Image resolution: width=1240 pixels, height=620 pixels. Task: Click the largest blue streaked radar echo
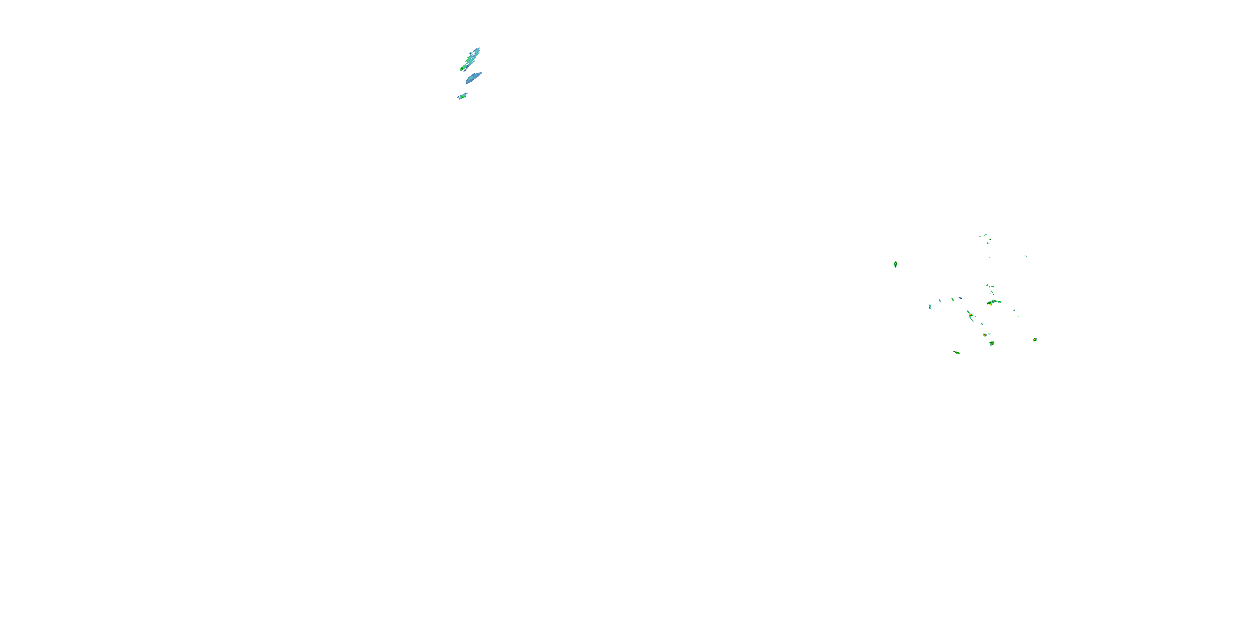point(471,59)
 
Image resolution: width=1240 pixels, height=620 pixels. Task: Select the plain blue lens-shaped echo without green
point(474,78)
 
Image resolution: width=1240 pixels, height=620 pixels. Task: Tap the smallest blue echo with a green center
point(462,96)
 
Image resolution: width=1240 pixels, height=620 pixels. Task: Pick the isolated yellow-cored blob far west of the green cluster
point(895,264)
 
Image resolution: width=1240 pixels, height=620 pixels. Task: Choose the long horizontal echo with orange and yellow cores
point(994,302)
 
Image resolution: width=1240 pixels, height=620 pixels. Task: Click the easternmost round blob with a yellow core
point(1035,339)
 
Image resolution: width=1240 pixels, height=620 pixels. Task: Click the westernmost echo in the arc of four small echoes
point(930,306)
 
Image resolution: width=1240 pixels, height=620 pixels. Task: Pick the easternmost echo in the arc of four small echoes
point(960,298)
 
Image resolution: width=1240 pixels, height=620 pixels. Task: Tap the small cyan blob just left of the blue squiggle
point(986,286)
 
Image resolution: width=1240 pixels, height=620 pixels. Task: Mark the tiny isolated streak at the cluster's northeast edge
point(1026,256)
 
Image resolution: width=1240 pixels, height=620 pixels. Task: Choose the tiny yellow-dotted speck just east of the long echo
point(1014,310)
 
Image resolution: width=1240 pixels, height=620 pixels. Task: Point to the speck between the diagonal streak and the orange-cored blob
point(982,324)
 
